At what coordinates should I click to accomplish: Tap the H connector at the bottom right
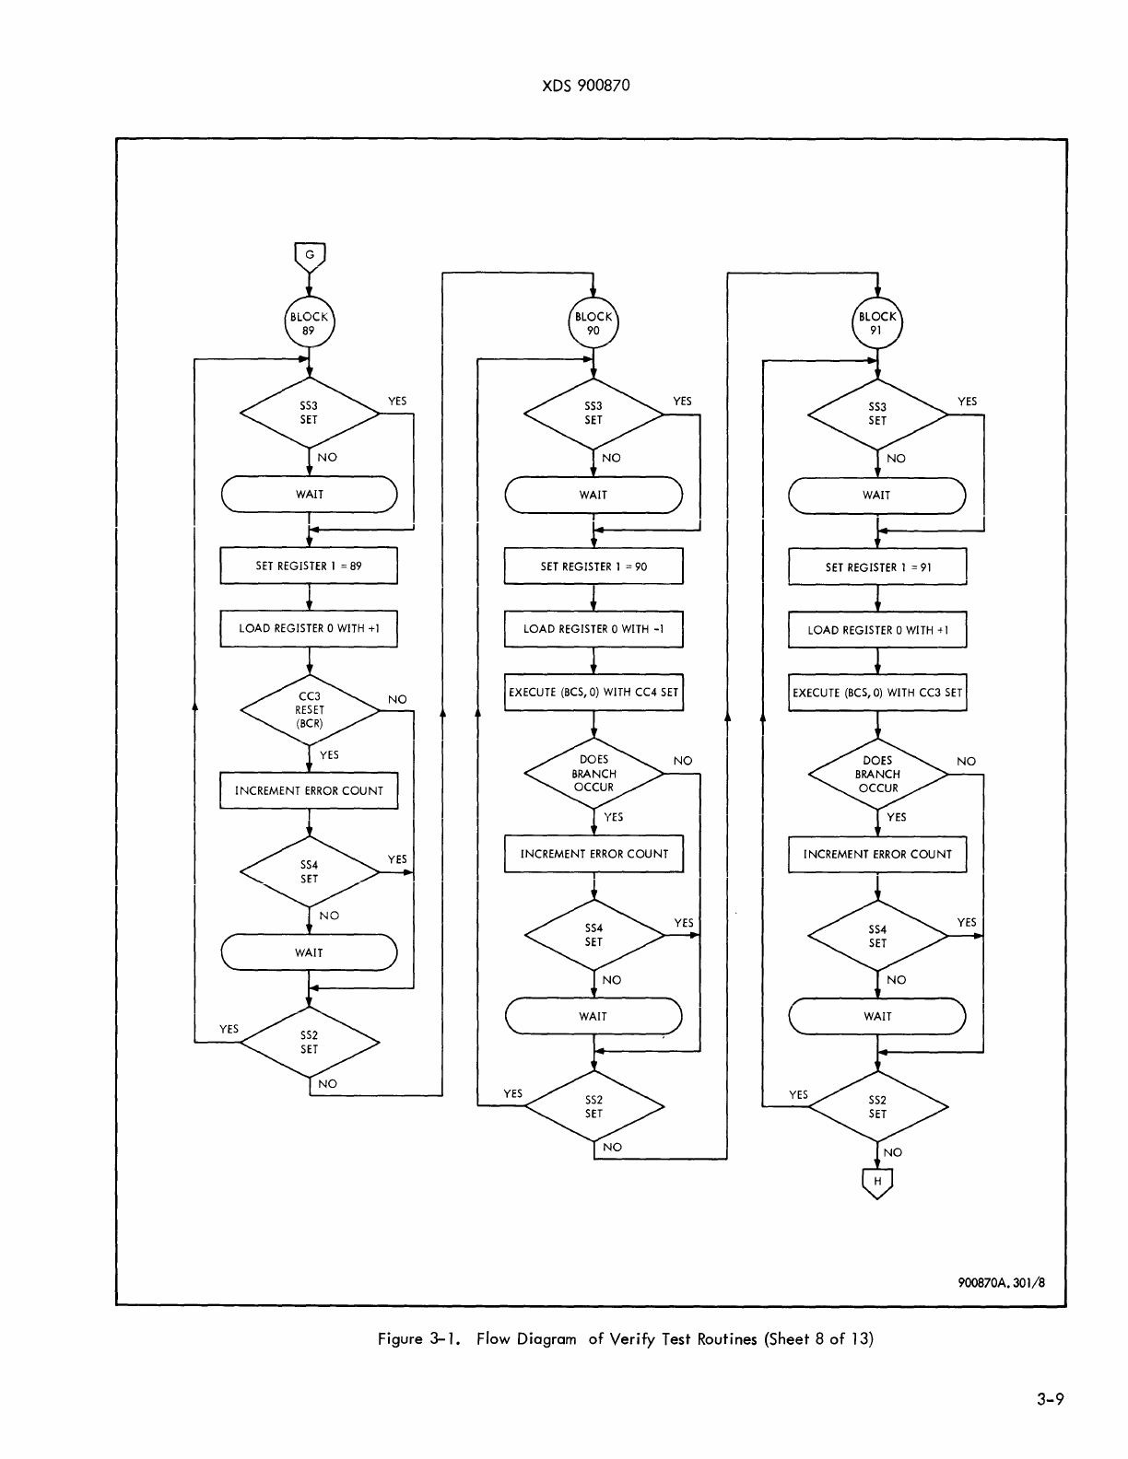tap(877, 1182)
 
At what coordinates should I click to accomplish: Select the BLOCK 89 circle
tap(309, 323)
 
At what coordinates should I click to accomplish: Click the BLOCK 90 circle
tap(593, 323)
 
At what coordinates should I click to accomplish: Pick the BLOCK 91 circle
tap(877, 323)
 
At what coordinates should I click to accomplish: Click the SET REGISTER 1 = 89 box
tap(309, 566)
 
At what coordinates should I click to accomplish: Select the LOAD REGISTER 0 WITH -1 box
tap(593, 629)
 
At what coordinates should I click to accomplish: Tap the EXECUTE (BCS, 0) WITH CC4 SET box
tap(593, 692)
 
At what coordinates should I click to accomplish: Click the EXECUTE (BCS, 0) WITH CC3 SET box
tap(877, 693)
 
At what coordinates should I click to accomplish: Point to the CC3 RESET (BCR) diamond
tap(310, 710)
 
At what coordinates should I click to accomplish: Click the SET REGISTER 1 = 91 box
tap(877, 567)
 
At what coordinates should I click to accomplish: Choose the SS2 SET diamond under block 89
tap(310, 1042)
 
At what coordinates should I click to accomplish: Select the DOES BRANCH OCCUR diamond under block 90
tap(593, 774)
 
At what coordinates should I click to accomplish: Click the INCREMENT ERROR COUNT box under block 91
tap(877, 854)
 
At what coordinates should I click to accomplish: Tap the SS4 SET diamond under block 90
tap(593, 935)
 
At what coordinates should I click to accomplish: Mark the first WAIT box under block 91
tap(877, 496)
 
